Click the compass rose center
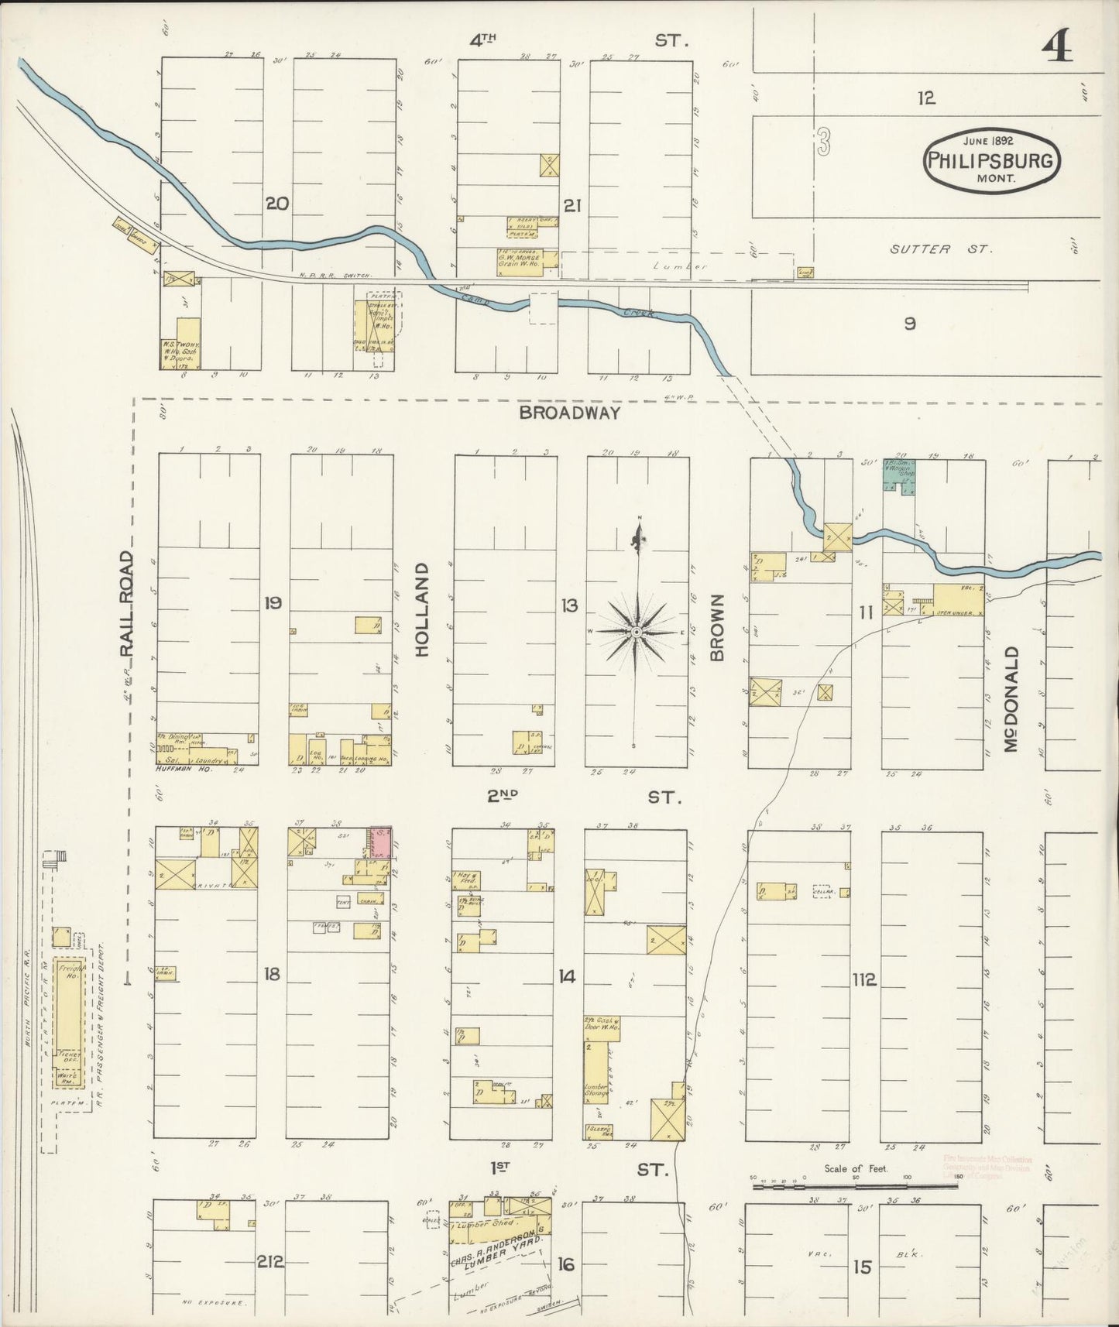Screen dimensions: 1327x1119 pyautogui.click(x=636, y=633)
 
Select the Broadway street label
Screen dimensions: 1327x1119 pyautogui.click(x=569, y=413)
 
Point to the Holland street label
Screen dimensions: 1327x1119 pyautogui.click(x=422, y=610)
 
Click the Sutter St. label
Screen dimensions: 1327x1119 pyautogui.click(x=940, y=249)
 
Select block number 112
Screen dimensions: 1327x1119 pyautogui.click(x=863, y=980)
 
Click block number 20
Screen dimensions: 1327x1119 pyautogui.click(x=276, y=204)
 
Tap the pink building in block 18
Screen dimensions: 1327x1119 pyautogui.click(x=379, y=841)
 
